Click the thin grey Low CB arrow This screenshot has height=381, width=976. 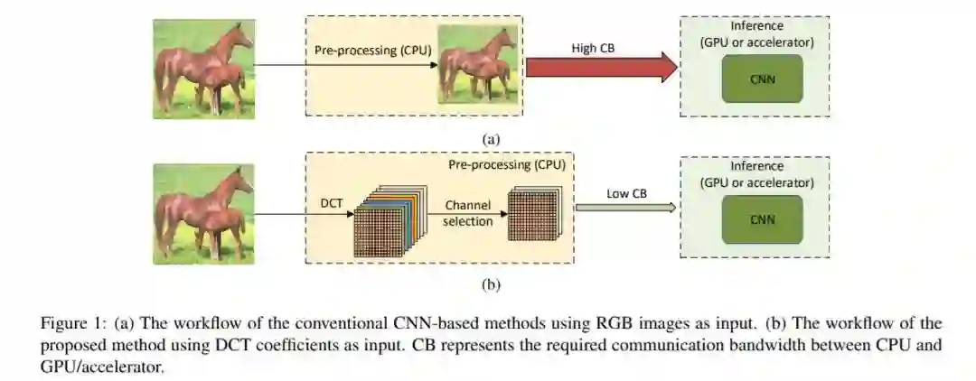point(624,208)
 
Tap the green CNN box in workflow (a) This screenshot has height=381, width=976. point(762,79)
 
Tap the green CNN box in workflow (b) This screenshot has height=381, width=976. point(762,219)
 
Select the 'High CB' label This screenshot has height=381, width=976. point(593,46)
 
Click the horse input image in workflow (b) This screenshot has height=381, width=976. point(202,213)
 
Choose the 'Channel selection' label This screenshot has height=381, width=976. point(468,213)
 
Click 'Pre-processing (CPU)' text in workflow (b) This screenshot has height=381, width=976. point(507,166)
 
